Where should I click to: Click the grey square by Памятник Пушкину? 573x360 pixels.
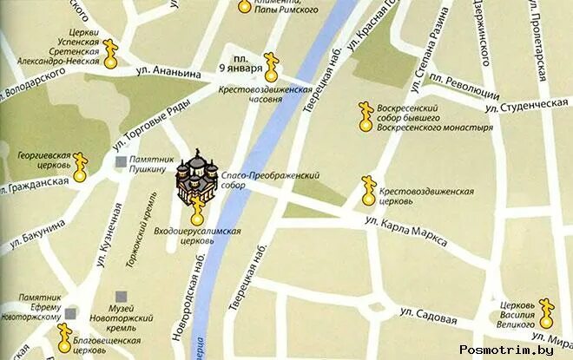point(121,161)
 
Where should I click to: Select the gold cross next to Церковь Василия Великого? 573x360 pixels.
point(546,311)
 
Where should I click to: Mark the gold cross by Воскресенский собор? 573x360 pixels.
point(366,117)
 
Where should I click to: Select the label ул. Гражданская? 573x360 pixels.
point(35,185)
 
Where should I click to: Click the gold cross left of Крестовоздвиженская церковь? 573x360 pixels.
point(367,192)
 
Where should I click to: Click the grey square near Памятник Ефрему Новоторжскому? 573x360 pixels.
point(73,313)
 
